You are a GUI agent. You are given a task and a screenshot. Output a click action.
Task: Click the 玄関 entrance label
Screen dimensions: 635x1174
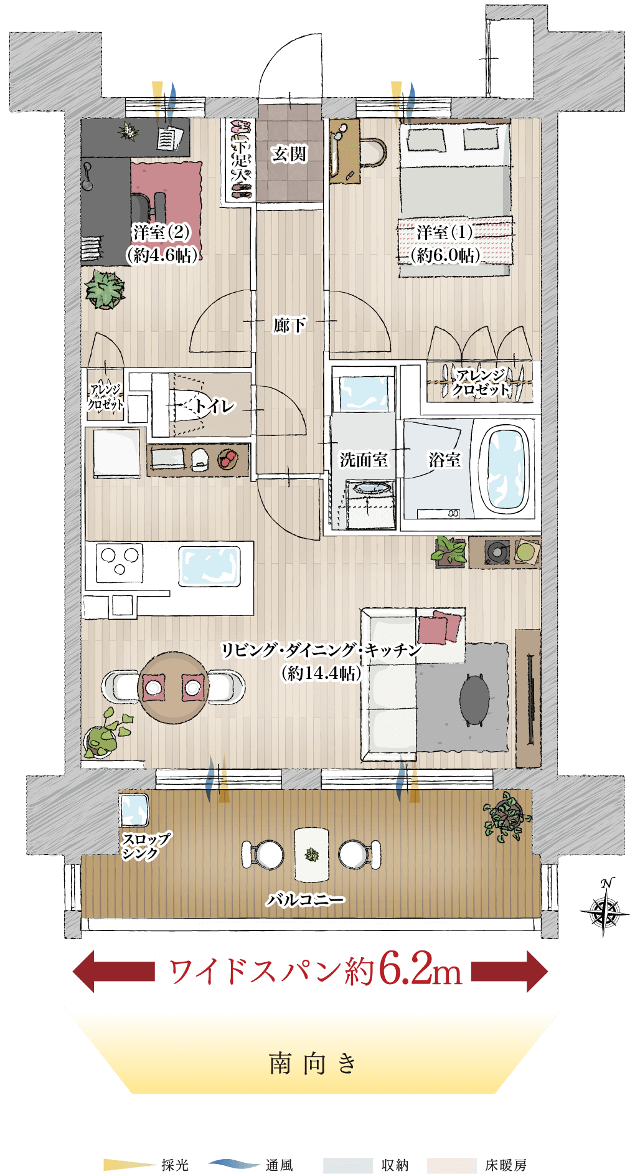[x=289, y=153]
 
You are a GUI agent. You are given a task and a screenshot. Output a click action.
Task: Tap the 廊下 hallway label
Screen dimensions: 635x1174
[x=289, y=324]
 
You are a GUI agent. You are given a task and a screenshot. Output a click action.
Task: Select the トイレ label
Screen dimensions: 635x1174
[x=214, y=406]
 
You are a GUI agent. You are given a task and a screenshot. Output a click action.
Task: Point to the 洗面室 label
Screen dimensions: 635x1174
[x=364, y=460]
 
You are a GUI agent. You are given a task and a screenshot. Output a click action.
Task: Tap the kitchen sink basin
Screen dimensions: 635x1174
[x=210, y=566]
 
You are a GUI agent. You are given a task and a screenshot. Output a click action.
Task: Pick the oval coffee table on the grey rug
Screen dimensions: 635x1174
[x=474, y=700]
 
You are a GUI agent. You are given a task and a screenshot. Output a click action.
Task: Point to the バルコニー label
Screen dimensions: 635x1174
[x=305, y=899]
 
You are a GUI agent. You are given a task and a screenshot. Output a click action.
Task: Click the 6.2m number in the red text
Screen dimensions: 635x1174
[x=421, y=970]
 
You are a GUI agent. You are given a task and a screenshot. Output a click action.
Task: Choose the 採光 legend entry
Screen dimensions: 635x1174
[x=146, y=1164]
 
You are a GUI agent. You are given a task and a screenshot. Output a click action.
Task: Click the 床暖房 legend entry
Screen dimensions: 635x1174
[x=477, y=1165]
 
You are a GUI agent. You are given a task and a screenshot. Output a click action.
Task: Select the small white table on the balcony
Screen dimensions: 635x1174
[x=311, y=854]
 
